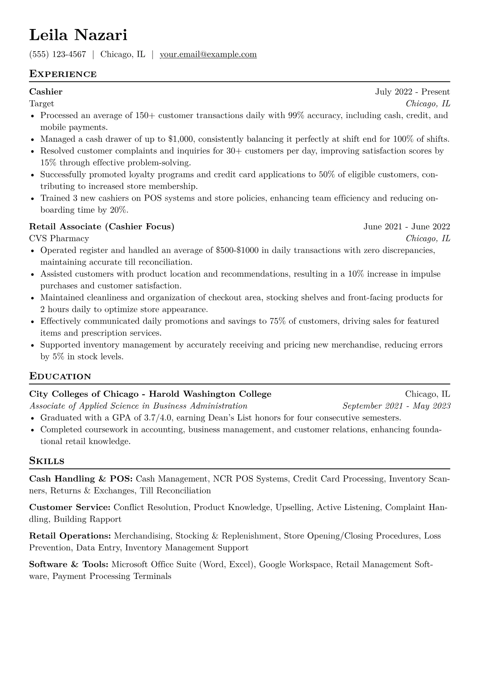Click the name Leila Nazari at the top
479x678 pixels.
(x=78, y=35)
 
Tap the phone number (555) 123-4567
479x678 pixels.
(x=58, y=54)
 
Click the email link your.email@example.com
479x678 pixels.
(x=208, y=54)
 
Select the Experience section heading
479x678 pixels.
(x=63, y=74)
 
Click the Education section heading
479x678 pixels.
(x=60, y=376)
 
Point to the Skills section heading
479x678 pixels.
(x=47, y=461)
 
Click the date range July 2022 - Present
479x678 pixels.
(x=413, y=92)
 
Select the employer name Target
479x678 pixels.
(x=41, y=104)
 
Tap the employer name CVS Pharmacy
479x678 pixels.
(x=59, y=238)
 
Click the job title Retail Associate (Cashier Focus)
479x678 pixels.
(x=102, y=226)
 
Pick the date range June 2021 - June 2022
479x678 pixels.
(x=407, y=226)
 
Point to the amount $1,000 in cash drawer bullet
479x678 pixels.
(x=181, y=139)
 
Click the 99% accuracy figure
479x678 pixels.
(x=297, y=116)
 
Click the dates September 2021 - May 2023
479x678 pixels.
(x=396, y=406)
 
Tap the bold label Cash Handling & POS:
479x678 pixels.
(x=81, y=479)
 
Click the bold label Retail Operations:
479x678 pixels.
(x=70, y=536)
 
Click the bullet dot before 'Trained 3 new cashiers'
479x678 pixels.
(x=32, y=199)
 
